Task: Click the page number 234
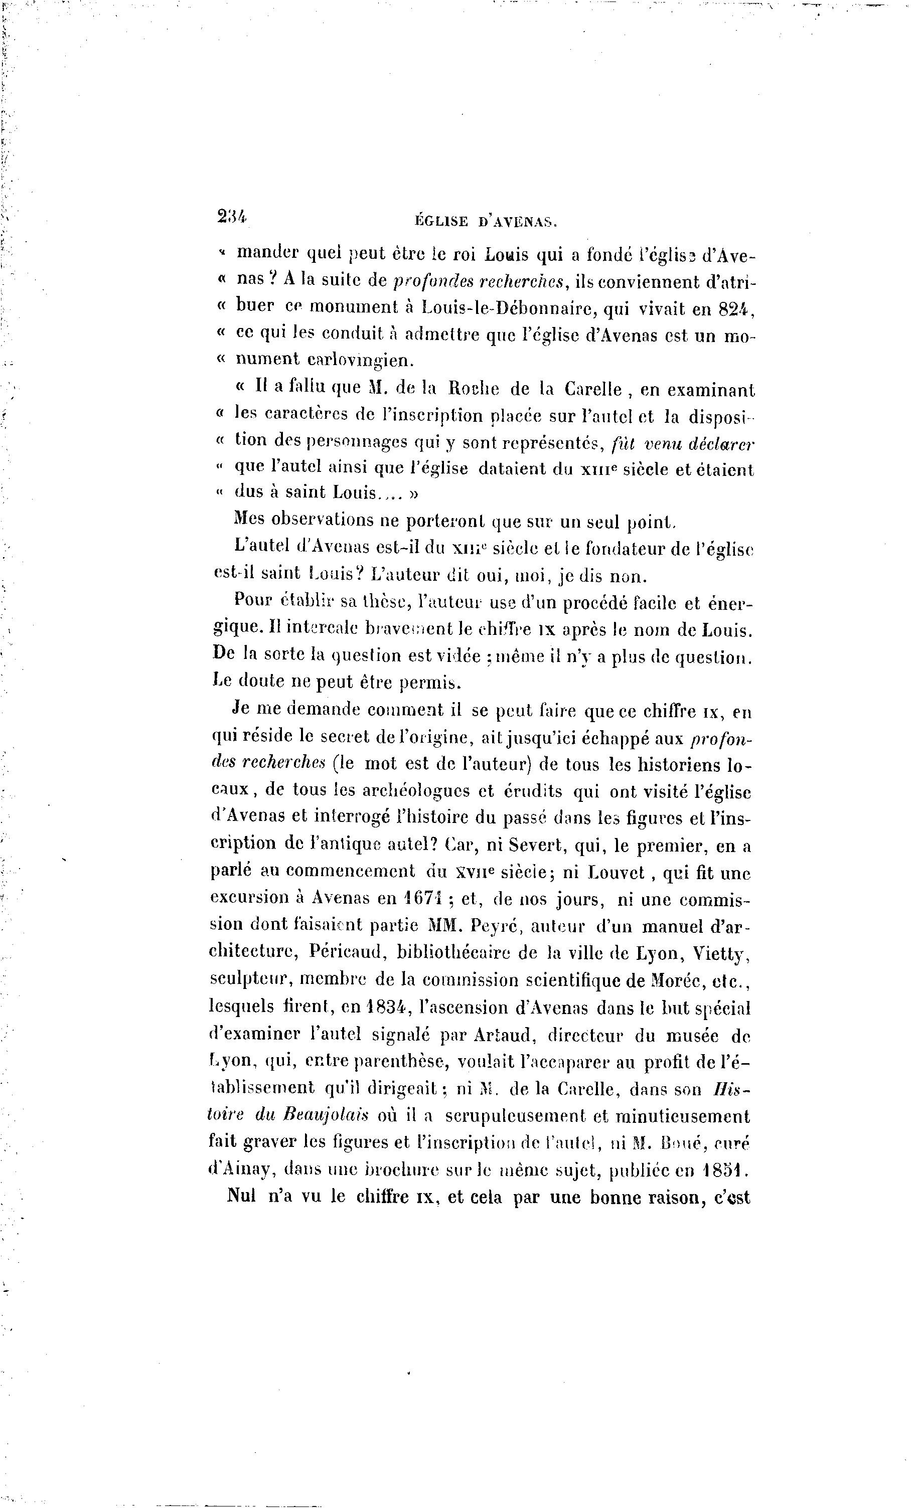pyautogui.click(x=231, y=216)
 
